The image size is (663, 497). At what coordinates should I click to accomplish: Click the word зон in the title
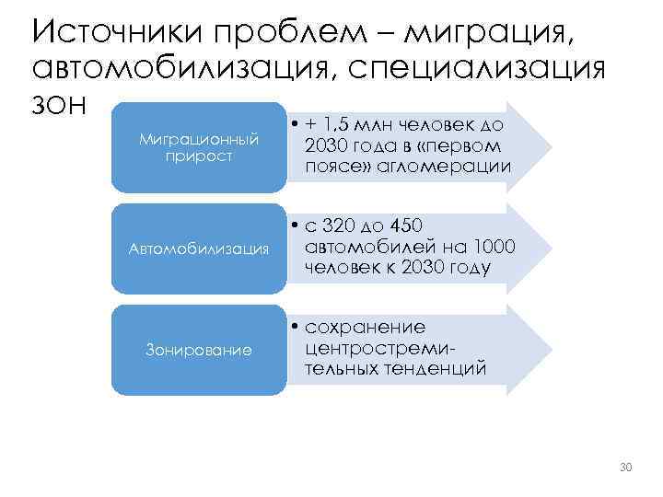(x=59, y=105)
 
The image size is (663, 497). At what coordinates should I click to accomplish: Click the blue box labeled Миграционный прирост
(x=198, y=147)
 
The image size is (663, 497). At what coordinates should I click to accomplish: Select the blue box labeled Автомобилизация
(x=198, y=248)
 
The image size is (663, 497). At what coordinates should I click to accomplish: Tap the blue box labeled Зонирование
(x=198, y=349)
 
